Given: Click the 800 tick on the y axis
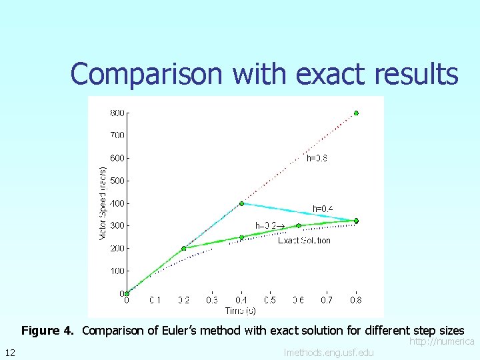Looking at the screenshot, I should pos(117,113).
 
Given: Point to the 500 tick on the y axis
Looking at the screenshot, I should pos(117,181).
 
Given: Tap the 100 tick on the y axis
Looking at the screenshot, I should pos(117,271).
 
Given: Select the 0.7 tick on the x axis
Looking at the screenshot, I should pos(326,301).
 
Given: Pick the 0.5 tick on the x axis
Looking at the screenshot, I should pos(269,301).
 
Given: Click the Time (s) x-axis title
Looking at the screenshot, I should pos(241,311).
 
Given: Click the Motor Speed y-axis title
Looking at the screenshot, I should pos(102,203).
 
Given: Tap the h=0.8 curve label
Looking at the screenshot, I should pos(317,159).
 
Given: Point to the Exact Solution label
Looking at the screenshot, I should pos(304,241).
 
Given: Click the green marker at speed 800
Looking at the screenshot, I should pos(356,113).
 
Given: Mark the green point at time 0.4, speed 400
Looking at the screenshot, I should pos(241,203).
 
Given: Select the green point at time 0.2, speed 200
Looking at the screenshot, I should pos(184,249).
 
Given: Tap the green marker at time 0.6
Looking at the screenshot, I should pos(299,226).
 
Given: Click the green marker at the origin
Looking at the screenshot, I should pos(127,293).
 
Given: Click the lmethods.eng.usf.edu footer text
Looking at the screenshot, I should pos(329,352).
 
